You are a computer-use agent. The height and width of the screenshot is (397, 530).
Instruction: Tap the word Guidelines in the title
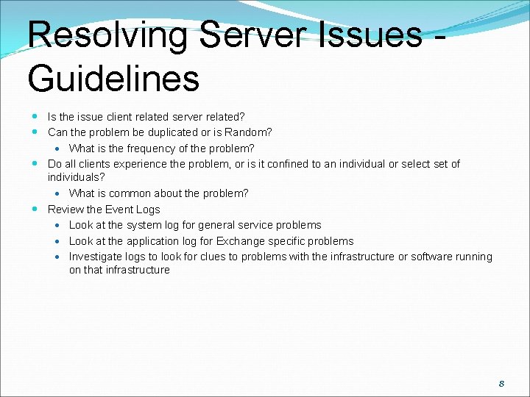click(x=113, y=78)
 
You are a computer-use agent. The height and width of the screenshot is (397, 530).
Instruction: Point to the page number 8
click(x=501, y=383)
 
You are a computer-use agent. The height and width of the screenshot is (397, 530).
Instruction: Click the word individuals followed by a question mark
click(x=74, y=177)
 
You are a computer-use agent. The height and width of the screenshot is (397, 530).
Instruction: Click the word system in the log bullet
click(x=144, y=225)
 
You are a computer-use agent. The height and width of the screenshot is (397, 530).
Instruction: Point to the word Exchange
click(x=240, y=241)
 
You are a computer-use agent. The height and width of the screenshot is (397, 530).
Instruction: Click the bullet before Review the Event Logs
click(x=36, y=210)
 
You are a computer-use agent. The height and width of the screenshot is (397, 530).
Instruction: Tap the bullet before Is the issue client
click(x=36, y=116)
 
